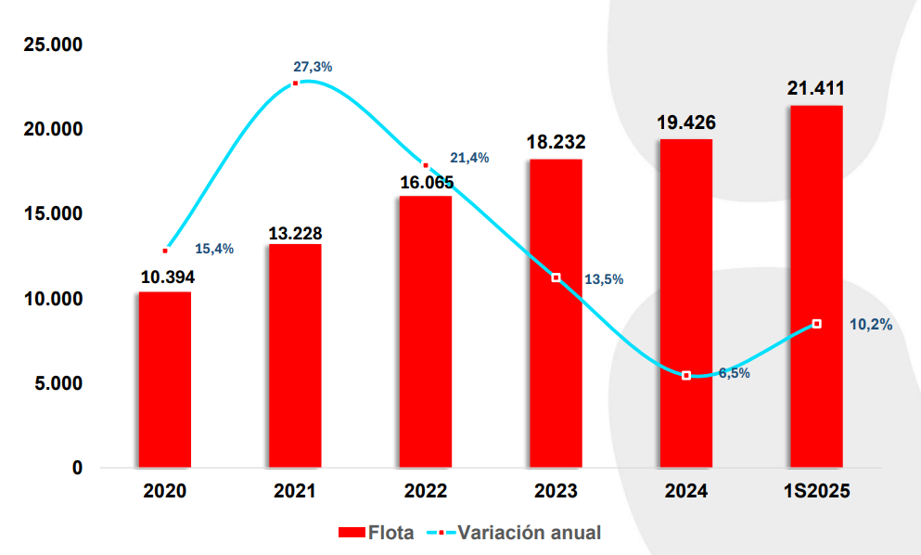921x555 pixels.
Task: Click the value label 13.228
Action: click(295, 233)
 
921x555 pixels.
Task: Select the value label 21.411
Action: click(816, 90)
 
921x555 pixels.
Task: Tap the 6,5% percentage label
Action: click(734, 373)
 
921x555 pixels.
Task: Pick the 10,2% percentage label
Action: click(871, 325)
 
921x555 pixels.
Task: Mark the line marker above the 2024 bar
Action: click(686, 376)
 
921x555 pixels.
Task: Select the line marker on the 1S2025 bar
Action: click(816, 324)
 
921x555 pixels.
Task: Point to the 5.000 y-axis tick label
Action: click(57, 383)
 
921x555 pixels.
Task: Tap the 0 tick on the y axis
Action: click(77, 468)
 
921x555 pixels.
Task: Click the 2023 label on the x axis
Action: click(556, 491)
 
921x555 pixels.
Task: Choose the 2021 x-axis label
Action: click(295, 491)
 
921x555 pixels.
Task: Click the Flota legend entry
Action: click(376, 533)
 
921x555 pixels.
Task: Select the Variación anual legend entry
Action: click(515, 533)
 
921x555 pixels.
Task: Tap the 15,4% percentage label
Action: click(214, 249)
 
